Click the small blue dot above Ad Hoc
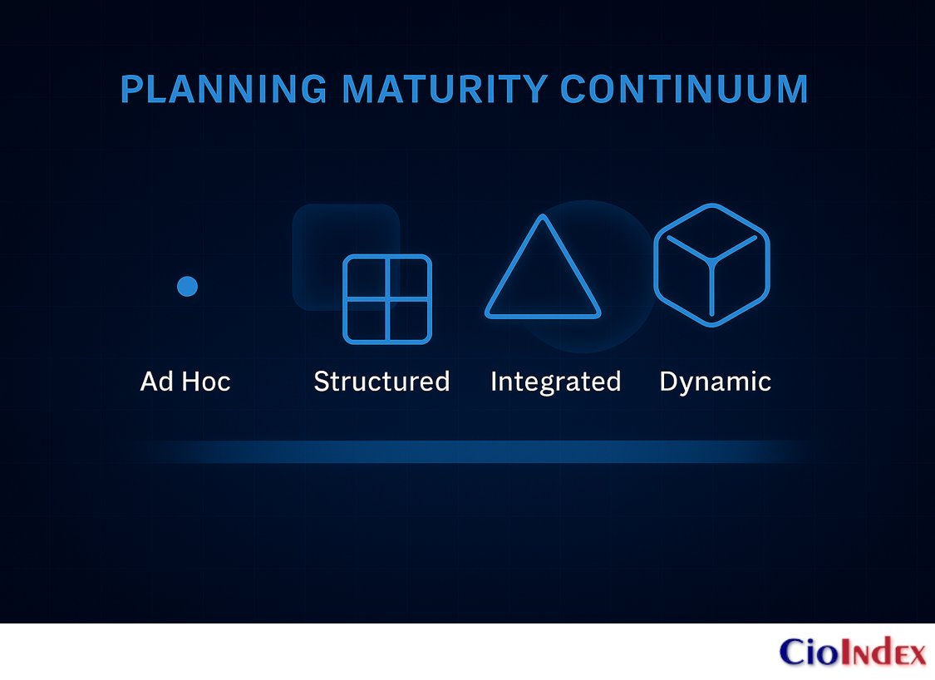pyautogui.click(x=188, y=287)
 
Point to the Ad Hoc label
pyautogui.click(x=185, y=382)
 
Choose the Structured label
pyautogui.click(x=381, y=382)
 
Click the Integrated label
pyautogui.click(x=555, y=382)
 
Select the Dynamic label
pyautogui.click(x=715, y=382)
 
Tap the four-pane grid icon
pyautogui.click(x=387, y=299)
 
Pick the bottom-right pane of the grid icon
pyautogui.click(x=408, y=320)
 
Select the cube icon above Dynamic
pyautogui.click(x=711, y=264)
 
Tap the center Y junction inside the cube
pyautogui.click(x=711, y=260)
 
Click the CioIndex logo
pyautogui.click(x=853, y=652)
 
